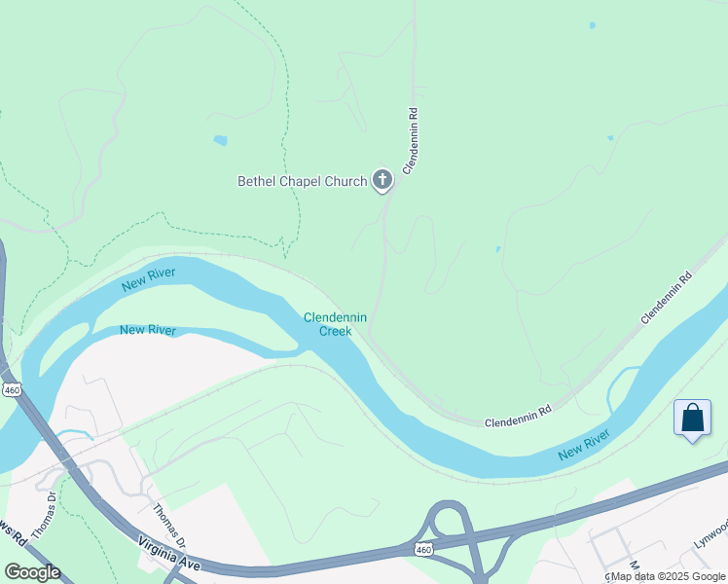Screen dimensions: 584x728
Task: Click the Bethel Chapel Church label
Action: pos(303,181)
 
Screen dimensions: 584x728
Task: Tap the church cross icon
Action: pos(382,180)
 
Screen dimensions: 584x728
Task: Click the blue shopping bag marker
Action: pos(692,419)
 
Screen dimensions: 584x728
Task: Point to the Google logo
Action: pos(31,572)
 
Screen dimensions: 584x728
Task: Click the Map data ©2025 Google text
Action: pos(668,576)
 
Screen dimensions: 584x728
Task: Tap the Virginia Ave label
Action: pos(168,555)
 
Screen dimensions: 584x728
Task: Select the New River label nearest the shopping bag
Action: pos(585,443)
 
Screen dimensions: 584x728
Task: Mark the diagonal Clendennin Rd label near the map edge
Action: pos(666,298)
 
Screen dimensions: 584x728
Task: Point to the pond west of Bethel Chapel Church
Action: pos(221,140)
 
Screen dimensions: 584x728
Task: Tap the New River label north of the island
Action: pos(149,279)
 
